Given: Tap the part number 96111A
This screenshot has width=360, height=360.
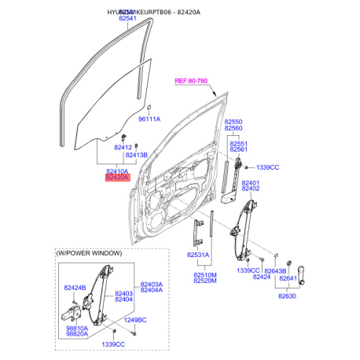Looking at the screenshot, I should [x=149, y=119].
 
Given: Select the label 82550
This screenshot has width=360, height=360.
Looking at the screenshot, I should [x=234, y=121].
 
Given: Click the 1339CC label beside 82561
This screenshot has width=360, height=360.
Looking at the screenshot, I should [x=268, y=168].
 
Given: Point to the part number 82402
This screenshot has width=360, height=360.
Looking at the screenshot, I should [x=251, y=189].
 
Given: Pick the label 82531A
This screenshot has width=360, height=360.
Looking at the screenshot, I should [x=198, y=255].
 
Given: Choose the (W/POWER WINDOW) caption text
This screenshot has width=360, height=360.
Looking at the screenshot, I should [x=89, y=253].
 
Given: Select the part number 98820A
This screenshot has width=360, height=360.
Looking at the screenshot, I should [x=77, y=334].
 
